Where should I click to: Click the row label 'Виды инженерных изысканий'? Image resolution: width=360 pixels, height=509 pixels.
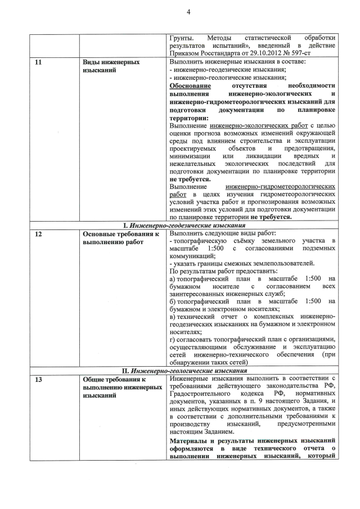coord(111,67)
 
